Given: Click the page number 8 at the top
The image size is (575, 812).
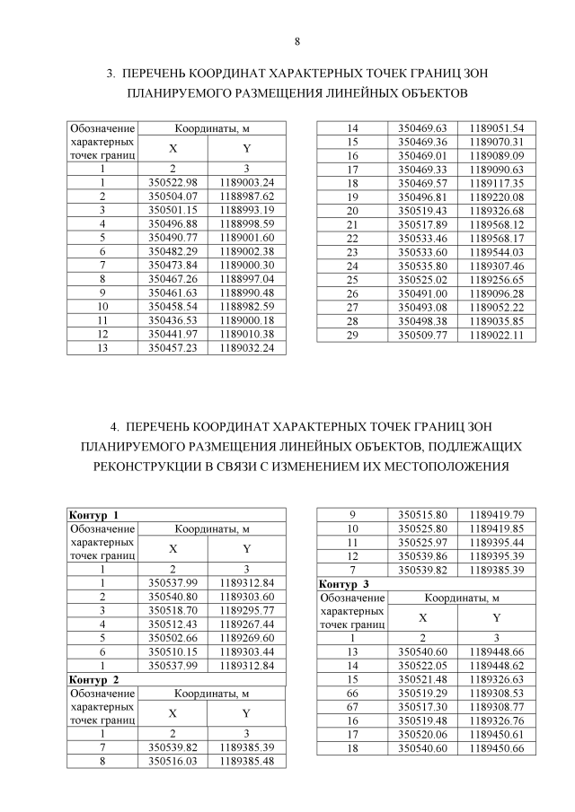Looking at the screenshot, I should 296,41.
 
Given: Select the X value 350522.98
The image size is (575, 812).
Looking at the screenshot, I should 172,182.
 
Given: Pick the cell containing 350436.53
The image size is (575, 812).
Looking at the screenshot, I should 172,319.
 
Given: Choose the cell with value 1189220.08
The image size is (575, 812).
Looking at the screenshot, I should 496,196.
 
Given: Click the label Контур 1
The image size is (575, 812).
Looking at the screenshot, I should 94,515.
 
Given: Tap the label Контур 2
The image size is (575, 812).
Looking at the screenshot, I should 94,679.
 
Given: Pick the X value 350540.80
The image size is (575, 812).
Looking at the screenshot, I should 172,596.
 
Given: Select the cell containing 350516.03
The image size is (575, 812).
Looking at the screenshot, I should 172,761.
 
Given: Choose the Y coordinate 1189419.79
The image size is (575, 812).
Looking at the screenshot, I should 496,515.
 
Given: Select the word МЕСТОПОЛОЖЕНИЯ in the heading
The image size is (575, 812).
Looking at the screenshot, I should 445,467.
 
